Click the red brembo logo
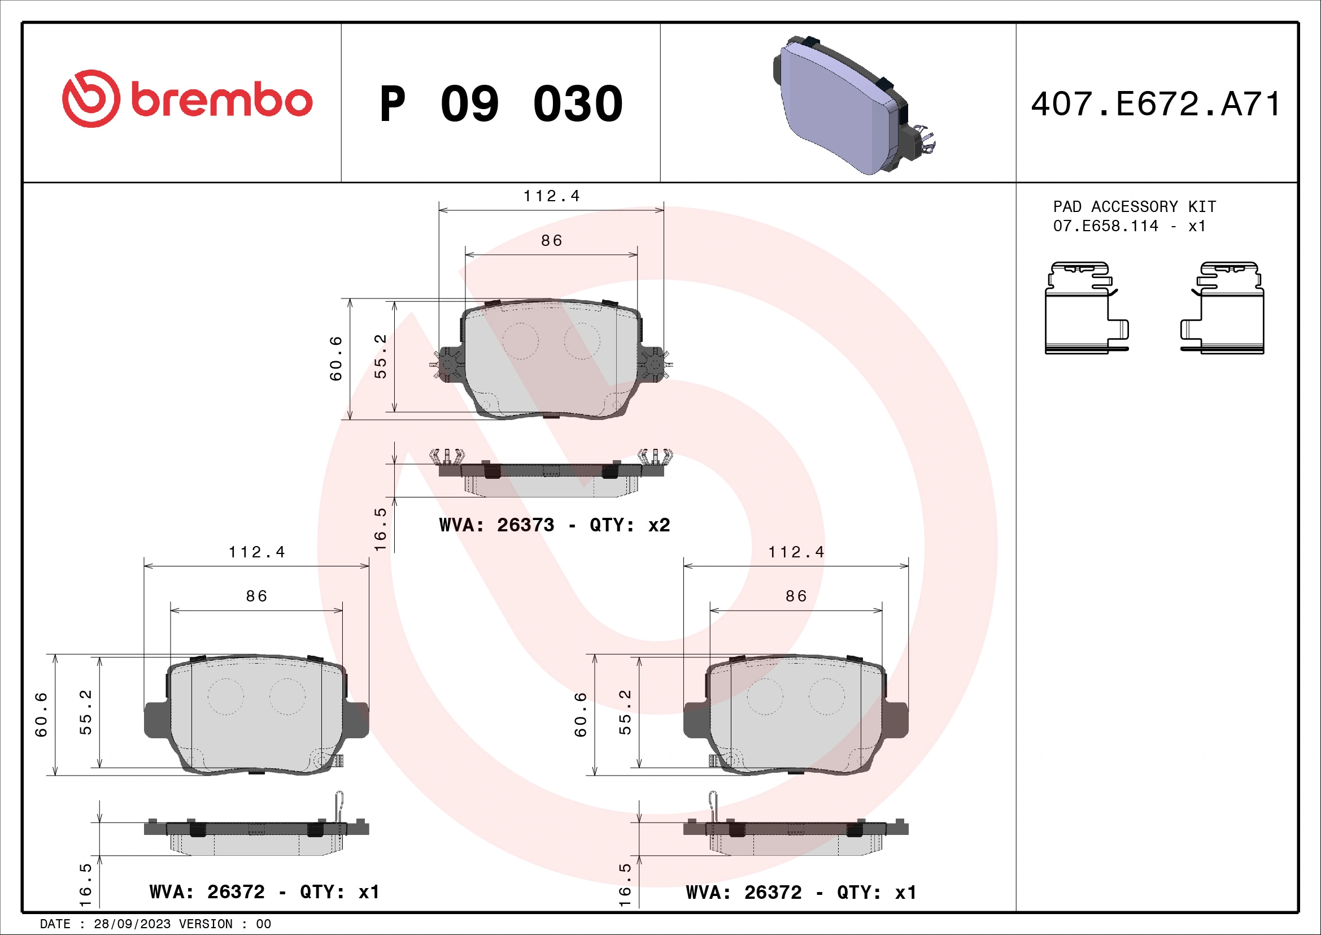coord(187,99)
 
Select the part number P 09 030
coord(500,104)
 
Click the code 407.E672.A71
coord(1156,104)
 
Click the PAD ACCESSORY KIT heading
coord(1134,207)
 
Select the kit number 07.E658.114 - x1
coord(1128,226)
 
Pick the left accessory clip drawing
coord(1085,308)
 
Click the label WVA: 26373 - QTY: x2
coord(554,525)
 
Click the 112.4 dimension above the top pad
coord(551,196)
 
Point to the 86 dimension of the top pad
coord(551,241)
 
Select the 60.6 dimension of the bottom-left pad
coord(41,715)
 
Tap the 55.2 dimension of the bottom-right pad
coord(625,712)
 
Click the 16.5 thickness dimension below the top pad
coord(380,529)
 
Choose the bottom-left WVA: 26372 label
coord(264,892)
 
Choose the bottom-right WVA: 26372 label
coord(801,893)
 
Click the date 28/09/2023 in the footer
coord(132,924)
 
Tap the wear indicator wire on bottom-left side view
coord(339,806)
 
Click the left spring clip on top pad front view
coord(447,365)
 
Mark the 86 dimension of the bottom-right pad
coord(796,596)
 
